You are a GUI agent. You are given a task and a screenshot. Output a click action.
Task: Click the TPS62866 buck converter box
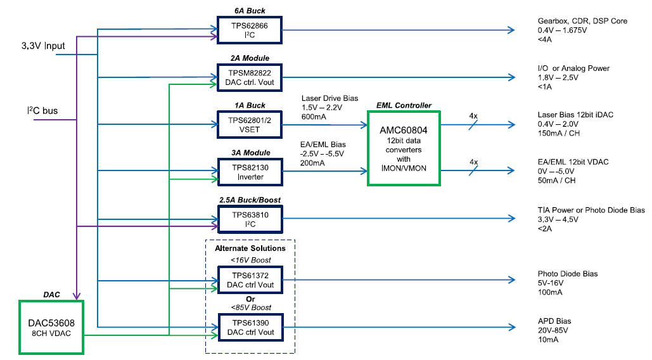tap(250, 30)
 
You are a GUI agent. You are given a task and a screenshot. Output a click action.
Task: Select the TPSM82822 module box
tap(250, 77)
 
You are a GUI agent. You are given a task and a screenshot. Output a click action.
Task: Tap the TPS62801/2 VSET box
tap(250, 124)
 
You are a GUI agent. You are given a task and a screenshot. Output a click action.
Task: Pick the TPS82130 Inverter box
tap(250, 172)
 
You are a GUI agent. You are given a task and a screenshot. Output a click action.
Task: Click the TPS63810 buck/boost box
tap(250, 219)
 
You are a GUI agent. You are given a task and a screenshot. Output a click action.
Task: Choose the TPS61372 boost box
tap(250, 280)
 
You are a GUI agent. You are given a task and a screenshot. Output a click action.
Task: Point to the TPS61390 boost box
tap(250, 327)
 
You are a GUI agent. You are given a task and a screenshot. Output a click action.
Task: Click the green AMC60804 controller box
tap(403, 148)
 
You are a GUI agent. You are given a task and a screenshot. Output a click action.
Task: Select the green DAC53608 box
tap(51, 327)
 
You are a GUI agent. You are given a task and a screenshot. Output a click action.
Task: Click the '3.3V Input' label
tap(42, 46)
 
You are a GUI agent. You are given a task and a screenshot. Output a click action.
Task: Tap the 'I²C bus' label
tap(42, 111)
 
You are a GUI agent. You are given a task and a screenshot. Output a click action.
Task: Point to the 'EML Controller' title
tap(404, 105)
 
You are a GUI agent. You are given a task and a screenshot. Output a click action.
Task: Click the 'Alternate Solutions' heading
tap(250, 248)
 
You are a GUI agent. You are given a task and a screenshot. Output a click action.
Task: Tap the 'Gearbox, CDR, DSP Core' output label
tap(582, 21)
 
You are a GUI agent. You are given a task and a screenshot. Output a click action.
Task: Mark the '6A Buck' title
tap(249, 11)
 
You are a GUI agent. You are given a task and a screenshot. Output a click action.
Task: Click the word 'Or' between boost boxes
tap(250, 299)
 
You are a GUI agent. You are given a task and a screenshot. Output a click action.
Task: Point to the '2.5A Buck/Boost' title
tap(250, 200)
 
